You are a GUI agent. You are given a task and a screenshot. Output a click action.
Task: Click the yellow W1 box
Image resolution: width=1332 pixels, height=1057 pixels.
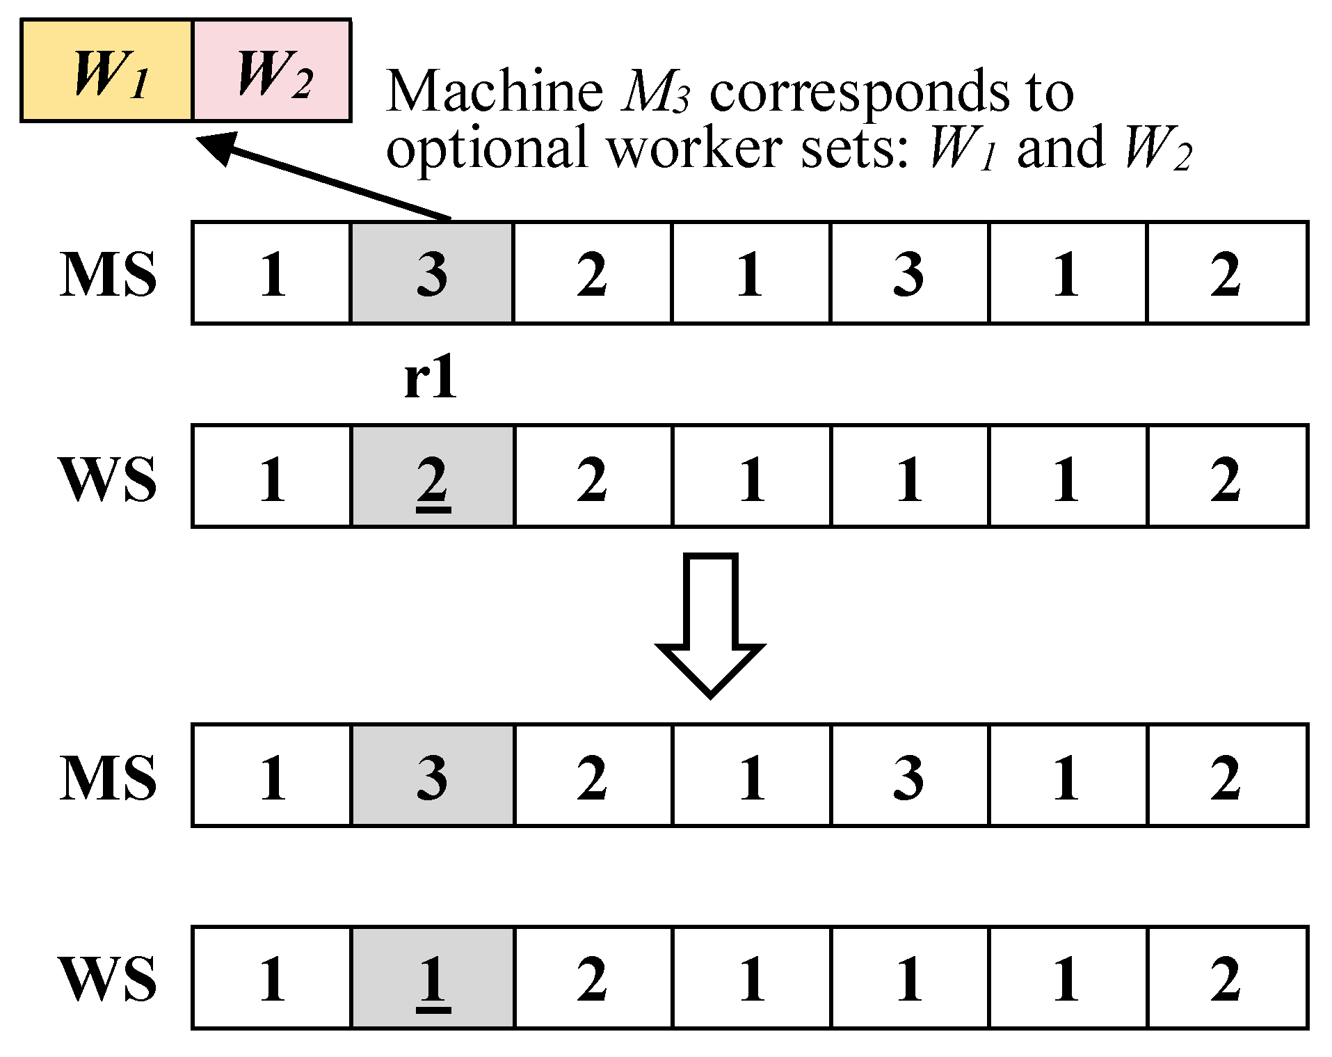tap(106, 71)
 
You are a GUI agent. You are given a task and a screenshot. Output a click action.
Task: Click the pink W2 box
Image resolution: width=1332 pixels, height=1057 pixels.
tap(271, 71)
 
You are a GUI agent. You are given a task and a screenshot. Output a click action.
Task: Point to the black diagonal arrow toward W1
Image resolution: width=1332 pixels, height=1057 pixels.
tap(327, 178)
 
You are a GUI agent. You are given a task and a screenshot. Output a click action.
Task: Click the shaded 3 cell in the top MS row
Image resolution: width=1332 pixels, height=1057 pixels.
tap(431, 273)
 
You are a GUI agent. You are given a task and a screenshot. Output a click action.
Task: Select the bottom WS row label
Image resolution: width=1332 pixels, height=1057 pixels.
tap(109, 978)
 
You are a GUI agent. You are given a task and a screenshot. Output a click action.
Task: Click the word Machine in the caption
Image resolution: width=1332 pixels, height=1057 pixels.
tap(495, 91)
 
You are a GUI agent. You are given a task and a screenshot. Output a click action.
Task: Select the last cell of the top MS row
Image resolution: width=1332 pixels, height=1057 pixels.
tap(1227, 273)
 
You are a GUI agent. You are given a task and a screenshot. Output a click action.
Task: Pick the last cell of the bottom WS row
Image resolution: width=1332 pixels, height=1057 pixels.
tap(1227, 978)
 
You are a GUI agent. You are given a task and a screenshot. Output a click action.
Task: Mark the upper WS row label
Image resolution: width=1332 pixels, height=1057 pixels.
tap(109, 479)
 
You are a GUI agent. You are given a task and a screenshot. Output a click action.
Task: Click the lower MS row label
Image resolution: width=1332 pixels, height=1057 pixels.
tap(109, 777)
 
